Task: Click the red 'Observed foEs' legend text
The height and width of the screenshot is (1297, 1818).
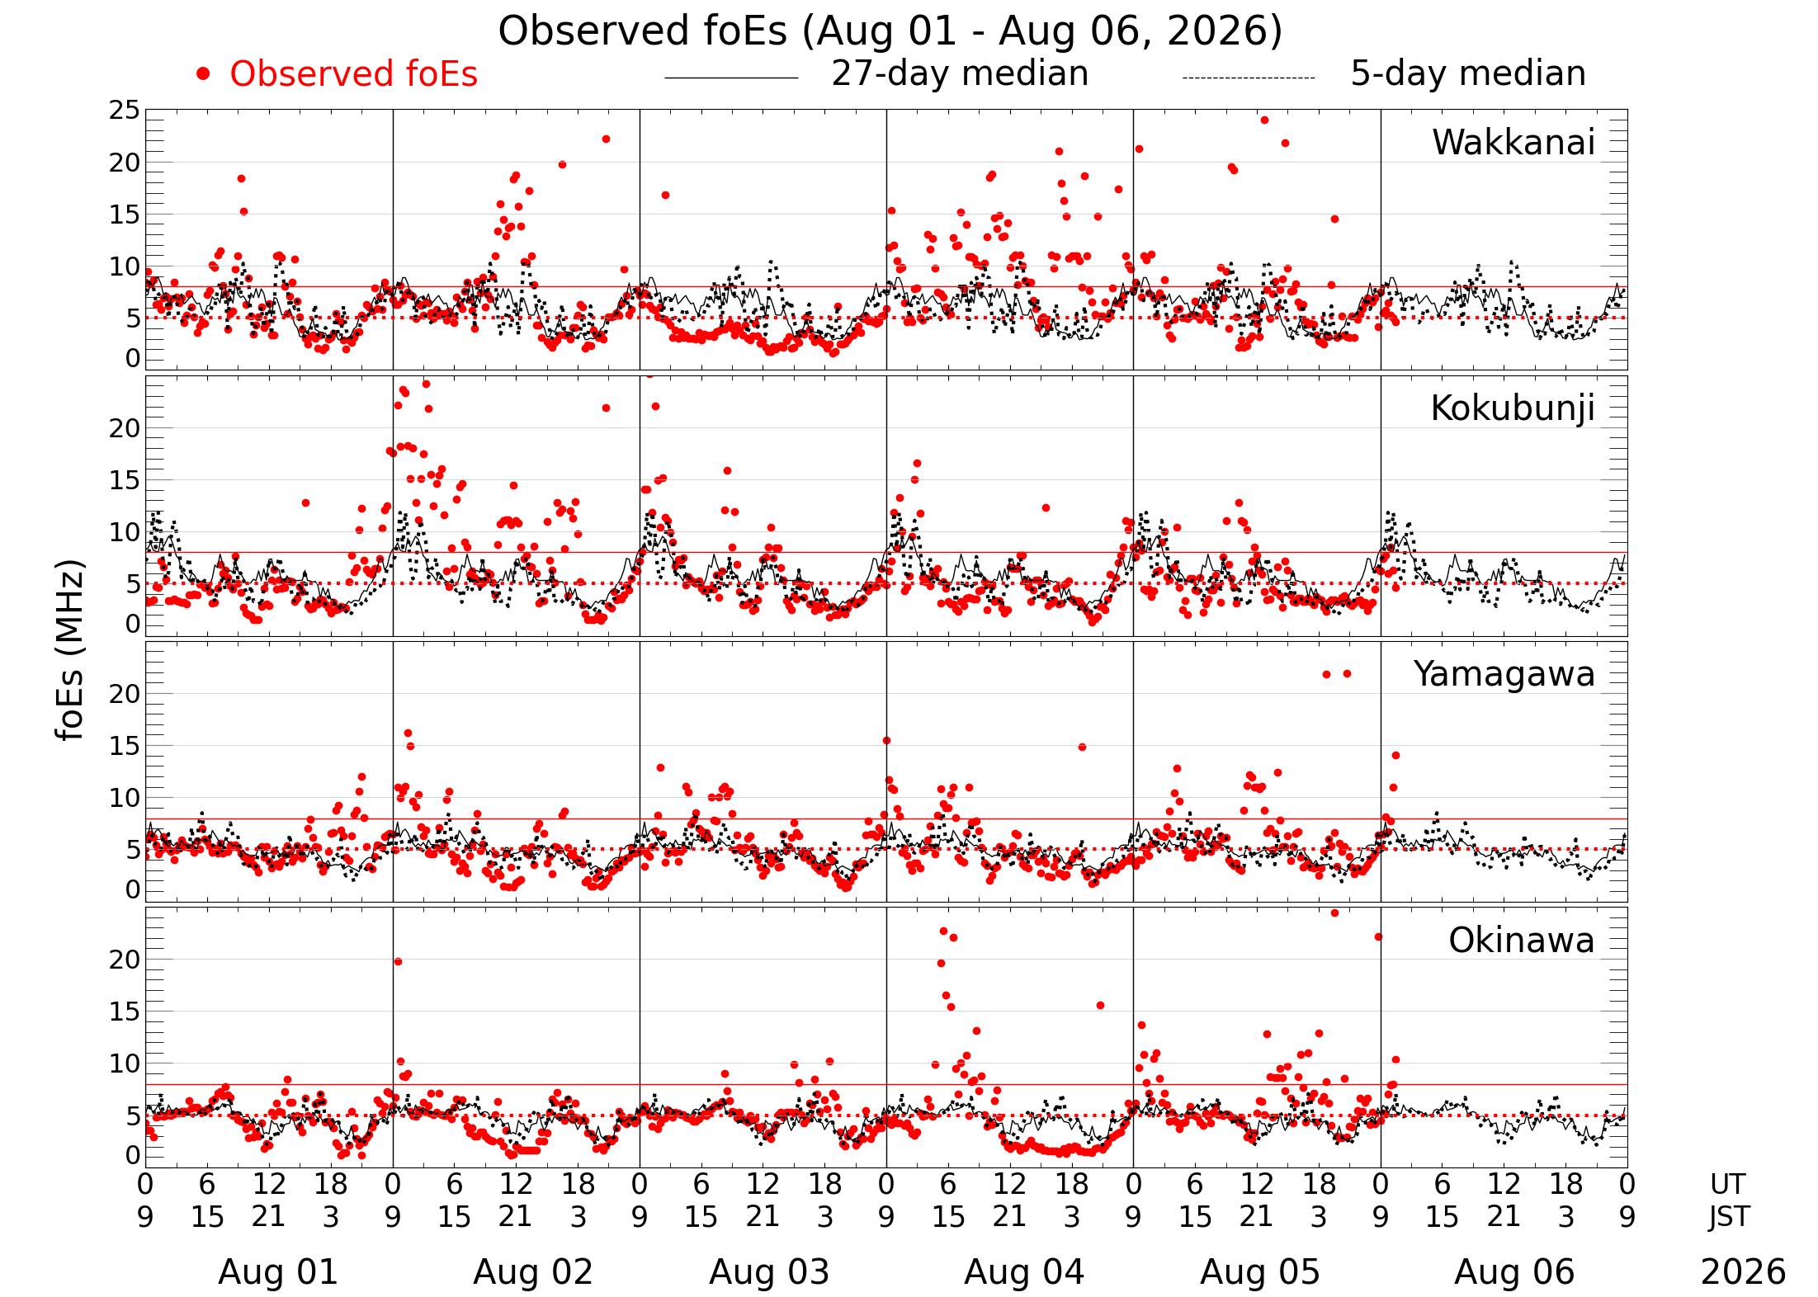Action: coord(353,74)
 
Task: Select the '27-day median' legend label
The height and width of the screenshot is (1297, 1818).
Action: coord(960,74)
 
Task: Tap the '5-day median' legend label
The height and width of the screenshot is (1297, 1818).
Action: coord(1468,74)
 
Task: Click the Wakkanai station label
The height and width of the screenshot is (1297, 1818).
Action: coord(1513,143)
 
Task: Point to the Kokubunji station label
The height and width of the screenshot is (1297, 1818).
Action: coord(1513,409)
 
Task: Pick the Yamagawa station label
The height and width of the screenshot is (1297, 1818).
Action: coord(1504,675)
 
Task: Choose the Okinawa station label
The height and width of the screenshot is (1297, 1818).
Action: coord(1522,941)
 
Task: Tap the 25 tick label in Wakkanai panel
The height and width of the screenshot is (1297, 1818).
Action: coord(125,111)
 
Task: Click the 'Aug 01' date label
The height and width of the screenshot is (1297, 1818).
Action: coord(278,1272)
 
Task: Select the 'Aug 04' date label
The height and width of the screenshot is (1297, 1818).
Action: coord(1024,1272)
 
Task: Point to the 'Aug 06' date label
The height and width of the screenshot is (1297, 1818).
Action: coord(1514,1272)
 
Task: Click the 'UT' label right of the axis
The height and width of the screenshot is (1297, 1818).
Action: coord(1727,1185)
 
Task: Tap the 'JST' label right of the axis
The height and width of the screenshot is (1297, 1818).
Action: coord(1728,1216)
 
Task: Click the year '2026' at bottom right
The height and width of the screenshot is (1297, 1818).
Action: coord(1743,1272)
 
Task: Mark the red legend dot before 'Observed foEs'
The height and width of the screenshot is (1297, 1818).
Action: coord(203,75)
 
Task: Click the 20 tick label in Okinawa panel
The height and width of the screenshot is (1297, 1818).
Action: coord(125,960)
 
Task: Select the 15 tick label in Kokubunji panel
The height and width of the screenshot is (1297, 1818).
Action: coord(125,481)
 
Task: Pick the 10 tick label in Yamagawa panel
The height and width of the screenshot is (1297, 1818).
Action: coord(125,798)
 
